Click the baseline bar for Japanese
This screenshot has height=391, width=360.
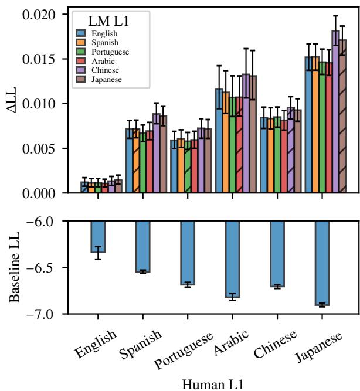[322, 263]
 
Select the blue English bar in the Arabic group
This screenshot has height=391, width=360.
[219, 141]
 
